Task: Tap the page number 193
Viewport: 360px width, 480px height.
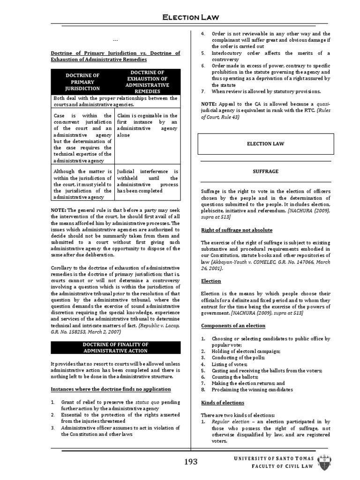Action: tap(191, 462)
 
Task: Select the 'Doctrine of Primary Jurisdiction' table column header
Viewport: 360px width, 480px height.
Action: tap(82, 81)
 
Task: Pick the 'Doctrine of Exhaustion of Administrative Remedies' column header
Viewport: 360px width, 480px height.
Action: tap(148, 81)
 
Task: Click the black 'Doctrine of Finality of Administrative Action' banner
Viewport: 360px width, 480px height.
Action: tap(115, 347)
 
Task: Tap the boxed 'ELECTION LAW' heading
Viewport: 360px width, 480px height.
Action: tap(266, 144)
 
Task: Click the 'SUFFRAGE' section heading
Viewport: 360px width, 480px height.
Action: tap(266, 172)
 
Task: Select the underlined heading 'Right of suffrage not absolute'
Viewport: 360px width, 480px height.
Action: tap(237, 230)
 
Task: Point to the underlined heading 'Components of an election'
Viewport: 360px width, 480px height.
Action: tap(233, 325)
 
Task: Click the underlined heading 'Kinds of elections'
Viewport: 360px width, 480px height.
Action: tap(223, 403)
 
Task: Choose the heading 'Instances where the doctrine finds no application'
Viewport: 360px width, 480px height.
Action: tap(111, 389)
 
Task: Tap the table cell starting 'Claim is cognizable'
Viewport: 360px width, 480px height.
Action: tap(147, 125)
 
